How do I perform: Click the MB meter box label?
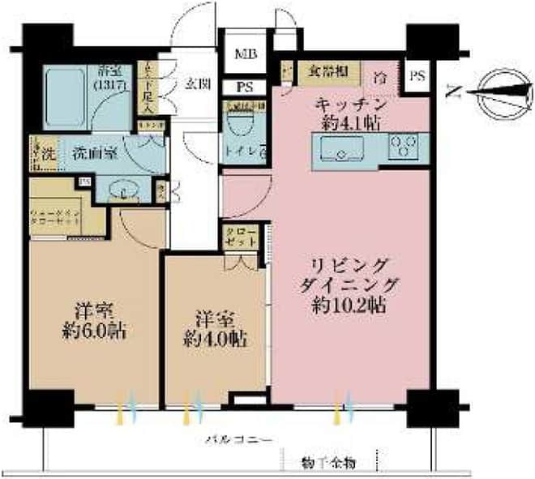[244, 55]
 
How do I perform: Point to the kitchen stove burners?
[403, 146]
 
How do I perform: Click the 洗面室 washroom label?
[91, 152]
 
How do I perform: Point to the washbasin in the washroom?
[123, 191]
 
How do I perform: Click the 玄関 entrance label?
[195, 83]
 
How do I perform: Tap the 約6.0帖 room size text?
[95, 331]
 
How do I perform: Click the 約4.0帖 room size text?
[214, 338]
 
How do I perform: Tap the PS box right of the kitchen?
[417, 77]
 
